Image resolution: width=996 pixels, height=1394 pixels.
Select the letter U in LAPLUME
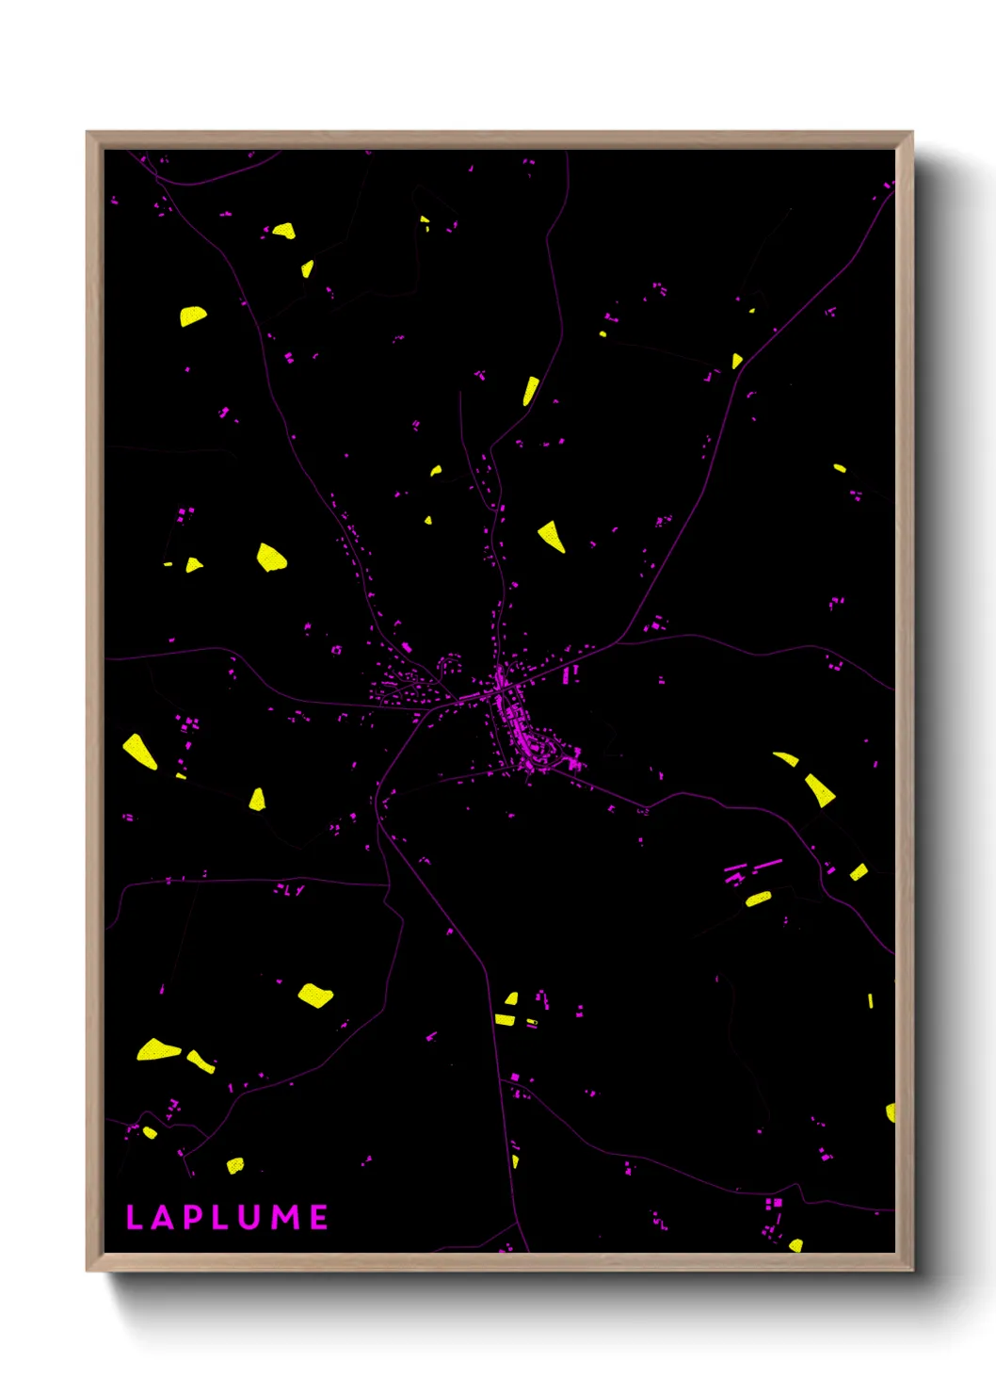[x=250, y=1217]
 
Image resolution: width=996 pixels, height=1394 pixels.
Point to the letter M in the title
[x=286, y=1217]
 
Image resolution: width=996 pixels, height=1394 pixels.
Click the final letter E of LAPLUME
[x=319, y=1217]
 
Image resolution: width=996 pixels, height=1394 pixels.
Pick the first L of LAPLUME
[x=133, y=1217]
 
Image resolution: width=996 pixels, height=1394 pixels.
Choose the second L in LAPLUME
[x=220, y=1217]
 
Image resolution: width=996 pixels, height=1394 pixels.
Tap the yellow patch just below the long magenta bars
[x=758, y=900]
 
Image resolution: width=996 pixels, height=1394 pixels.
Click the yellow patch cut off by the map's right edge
[x=891, y=1112]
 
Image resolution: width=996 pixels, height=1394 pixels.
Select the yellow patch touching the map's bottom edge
[x=795, y=1246]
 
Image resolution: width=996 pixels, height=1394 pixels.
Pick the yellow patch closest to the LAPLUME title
[x=235, y=1165]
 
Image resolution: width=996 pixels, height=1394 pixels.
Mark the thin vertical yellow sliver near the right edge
[x=870, y=1000]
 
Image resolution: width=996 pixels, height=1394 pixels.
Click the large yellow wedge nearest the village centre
[x=552, y=535]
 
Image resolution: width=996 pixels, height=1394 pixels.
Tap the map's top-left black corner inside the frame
[x=108, y=154]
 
